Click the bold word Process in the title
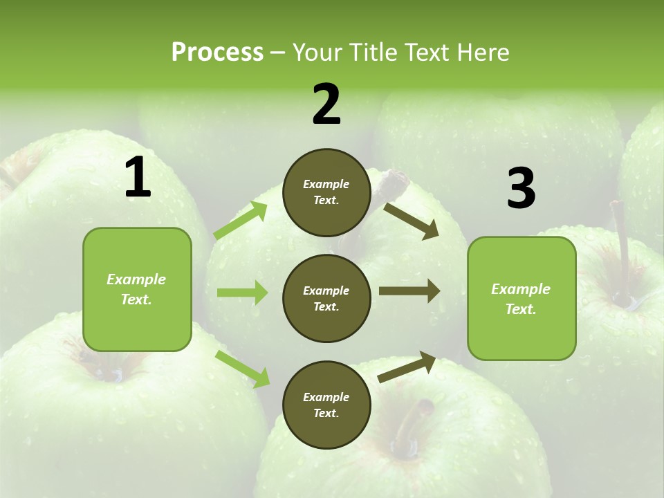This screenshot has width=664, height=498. [217, 53]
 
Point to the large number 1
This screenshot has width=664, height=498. [138, 178]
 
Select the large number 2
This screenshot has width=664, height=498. [326, 104]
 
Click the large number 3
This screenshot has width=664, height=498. [521, 188]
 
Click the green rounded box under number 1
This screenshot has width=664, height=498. [137, 289]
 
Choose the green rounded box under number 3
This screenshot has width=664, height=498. [522, 298]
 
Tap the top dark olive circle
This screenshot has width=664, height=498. [326, 192]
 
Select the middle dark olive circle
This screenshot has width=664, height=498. [326, 298]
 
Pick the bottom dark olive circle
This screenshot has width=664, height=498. [326, 405]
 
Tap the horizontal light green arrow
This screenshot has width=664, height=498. [242, 293]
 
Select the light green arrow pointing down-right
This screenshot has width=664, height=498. [243, 369]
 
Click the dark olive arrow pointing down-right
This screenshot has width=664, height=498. [411, 221]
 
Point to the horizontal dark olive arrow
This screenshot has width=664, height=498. [409, 291]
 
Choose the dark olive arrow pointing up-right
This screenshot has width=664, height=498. [407, 367]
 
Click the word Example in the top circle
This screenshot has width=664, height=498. [326, 184]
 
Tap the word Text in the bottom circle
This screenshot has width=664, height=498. [325, 413]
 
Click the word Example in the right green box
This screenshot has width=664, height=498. [521, 289]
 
